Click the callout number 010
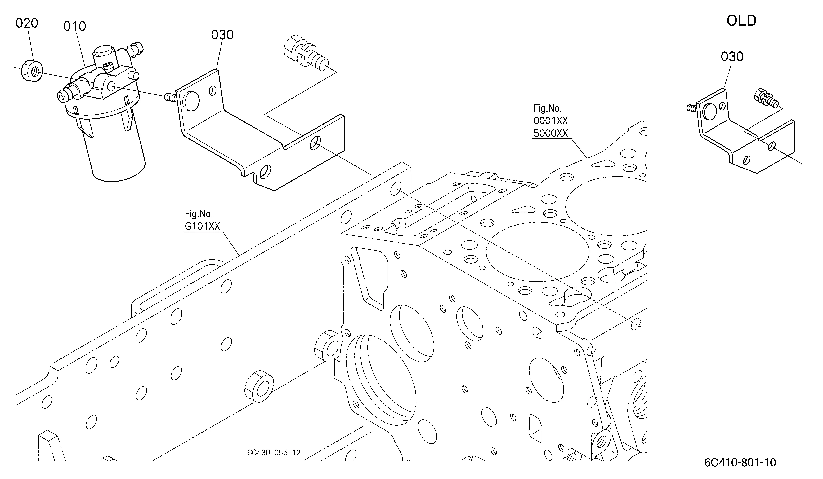[x=75, y=26]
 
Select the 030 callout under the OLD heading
[x=732, y=57]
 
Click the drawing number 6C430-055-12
[x=274, y=453]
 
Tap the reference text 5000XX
[x=551, y=133]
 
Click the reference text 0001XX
[x=551, y=121]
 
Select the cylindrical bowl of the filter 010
[x=116, y=153]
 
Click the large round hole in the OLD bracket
[x=710, y=112]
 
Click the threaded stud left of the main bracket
[x=171, y=97]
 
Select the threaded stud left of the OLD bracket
[x=691, y=108]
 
